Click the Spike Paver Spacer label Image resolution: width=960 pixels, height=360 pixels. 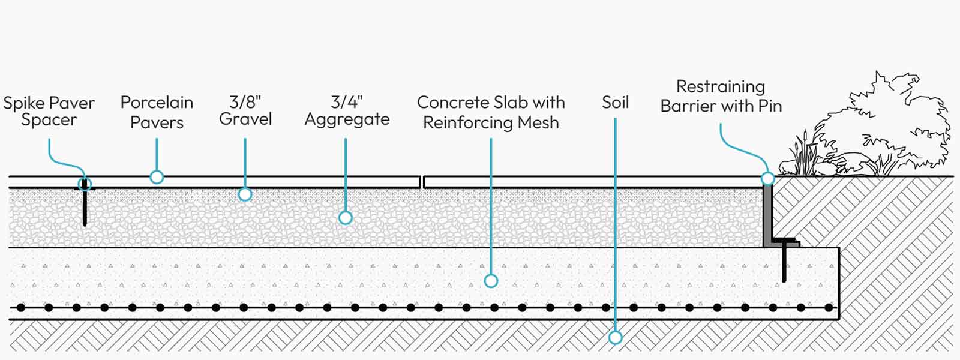(49, 111)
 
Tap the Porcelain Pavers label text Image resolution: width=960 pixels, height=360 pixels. (157, 112)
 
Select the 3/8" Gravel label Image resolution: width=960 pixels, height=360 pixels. (245, 110)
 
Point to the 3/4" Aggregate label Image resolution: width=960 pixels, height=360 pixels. (347, 111)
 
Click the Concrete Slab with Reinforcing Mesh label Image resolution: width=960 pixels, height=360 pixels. (491, 112)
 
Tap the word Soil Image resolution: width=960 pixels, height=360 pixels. (616, 103)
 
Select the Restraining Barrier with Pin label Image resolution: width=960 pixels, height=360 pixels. (721, 96)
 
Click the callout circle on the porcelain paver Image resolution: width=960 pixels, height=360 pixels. (157, 177)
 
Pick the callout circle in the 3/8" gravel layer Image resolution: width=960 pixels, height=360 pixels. (245, 194)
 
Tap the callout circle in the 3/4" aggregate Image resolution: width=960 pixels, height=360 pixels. (346, 218)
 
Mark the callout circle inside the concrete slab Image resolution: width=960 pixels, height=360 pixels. (491, 281)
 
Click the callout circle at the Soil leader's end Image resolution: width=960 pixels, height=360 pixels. (616, 338)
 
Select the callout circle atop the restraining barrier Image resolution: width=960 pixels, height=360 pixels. (767, 178)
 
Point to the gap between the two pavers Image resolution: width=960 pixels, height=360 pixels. (422, 182)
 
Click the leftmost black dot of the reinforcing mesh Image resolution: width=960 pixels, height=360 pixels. (20, 308)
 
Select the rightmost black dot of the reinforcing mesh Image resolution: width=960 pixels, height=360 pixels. (829, 308)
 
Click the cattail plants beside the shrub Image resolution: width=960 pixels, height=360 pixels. (800, 154)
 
